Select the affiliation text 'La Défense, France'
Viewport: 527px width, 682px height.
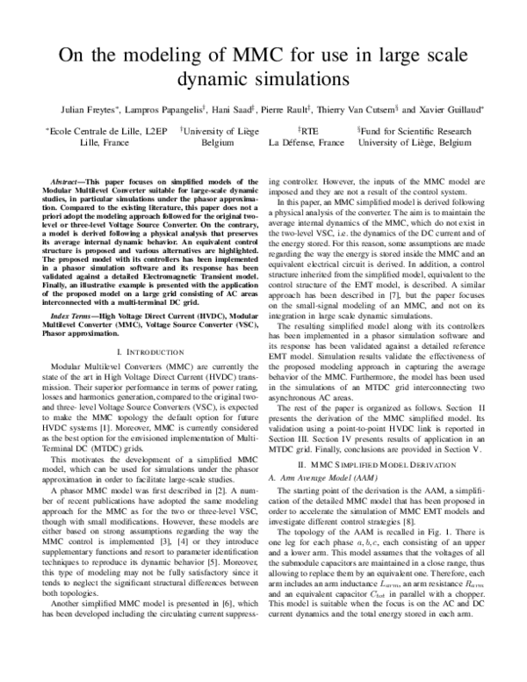tap(307, 141)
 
